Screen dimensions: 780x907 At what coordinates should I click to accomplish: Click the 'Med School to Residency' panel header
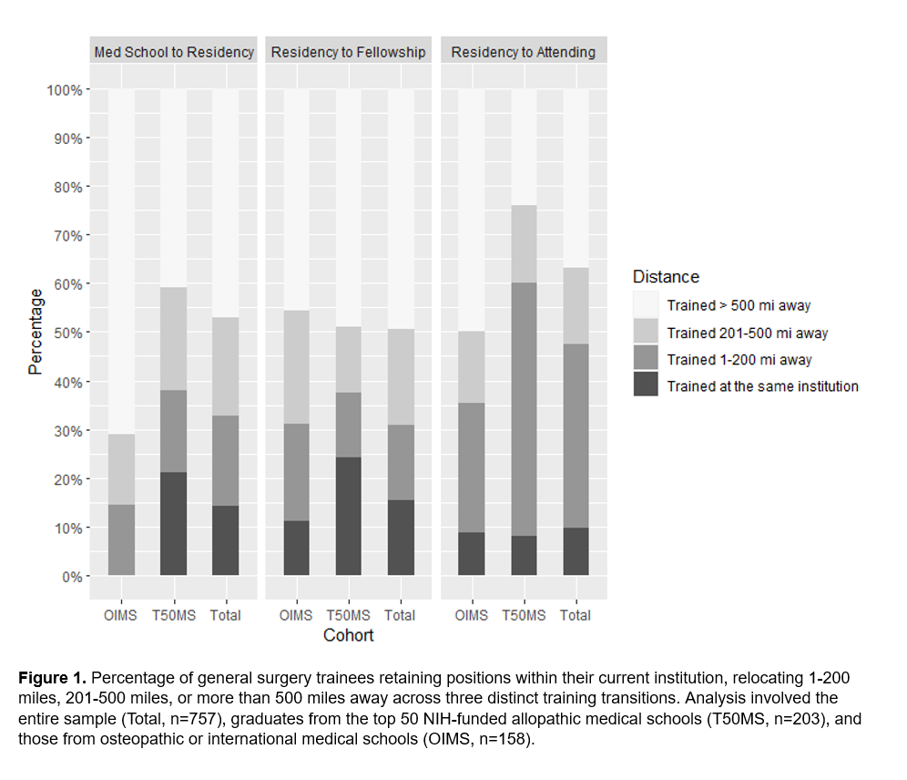coord(174,52)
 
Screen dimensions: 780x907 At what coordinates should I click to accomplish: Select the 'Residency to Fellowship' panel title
coord(348,52)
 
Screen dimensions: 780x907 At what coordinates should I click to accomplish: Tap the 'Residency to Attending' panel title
coord(523,52)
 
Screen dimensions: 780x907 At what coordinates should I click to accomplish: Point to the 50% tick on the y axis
coord(67,333)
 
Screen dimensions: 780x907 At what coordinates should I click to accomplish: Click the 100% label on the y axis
coord(64,90)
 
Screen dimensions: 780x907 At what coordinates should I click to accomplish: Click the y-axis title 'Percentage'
coord(36,332)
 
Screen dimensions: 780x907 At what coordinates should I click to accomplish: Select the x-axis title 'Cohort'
coord(348,635)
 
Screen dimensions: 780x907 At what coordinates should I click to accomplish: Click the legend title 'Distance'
coord(666,277)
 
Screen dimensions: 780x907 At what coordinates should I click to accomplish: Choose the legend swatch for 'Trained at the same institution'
coord(646,385)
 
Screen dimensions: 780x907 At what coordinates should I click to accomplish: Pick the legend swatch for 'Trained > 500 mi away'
coord(646,305)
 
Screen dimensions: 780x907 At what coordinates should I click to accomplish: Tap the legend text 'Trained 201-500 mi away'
coord(747,333)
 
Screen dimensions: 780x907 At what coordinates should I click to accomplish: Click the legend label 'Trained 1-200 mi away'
coord(739,359)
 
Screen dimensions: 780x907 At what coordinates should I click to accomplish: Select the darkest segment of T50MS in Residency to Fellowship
coord(349,516)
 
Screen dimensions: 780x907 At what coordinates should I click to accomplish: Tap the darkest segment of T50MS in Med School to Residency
coord(174,523)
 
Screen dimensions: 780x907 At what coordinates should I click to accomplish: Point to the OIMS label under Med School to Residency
coord(120,615)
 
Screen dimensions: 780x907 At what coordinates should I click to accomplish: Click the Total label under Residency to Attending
coord(576,615)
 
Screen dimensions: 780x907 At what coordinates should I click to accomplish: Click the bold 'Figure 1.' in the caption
coord(53,679)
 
